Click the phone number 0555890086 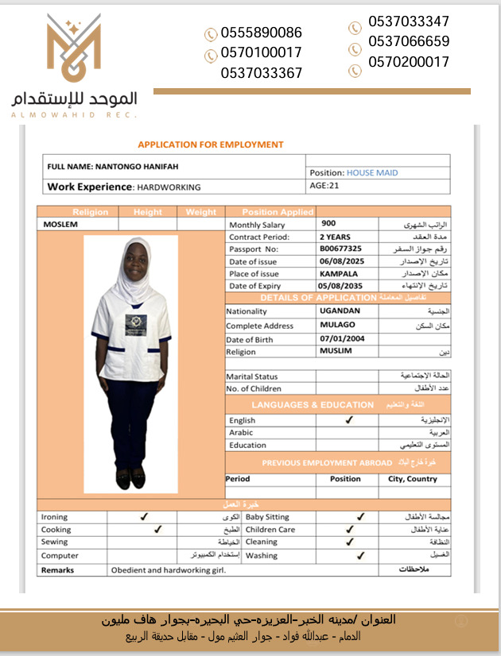point(262,33)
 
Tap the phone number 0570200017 point(409,62)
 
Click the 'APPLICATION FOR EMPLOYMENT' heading point(211,145)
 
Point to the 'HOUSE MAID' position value point(372,172)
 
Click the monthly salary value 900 point(328,225)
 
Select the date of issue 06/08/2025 point(341,261)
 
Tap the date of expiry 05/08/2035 point(341,286)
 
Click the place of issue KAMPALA point(339,273)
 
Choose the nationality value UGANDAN point(340,311)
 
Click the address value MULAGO point(337,325)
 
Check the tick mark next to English point(348,420)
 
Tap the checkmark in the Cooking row point(157,529)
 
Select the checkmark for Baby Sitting point(360,516)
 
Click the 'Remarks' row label point(57,569)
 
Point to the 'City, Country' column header point(413,479)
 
